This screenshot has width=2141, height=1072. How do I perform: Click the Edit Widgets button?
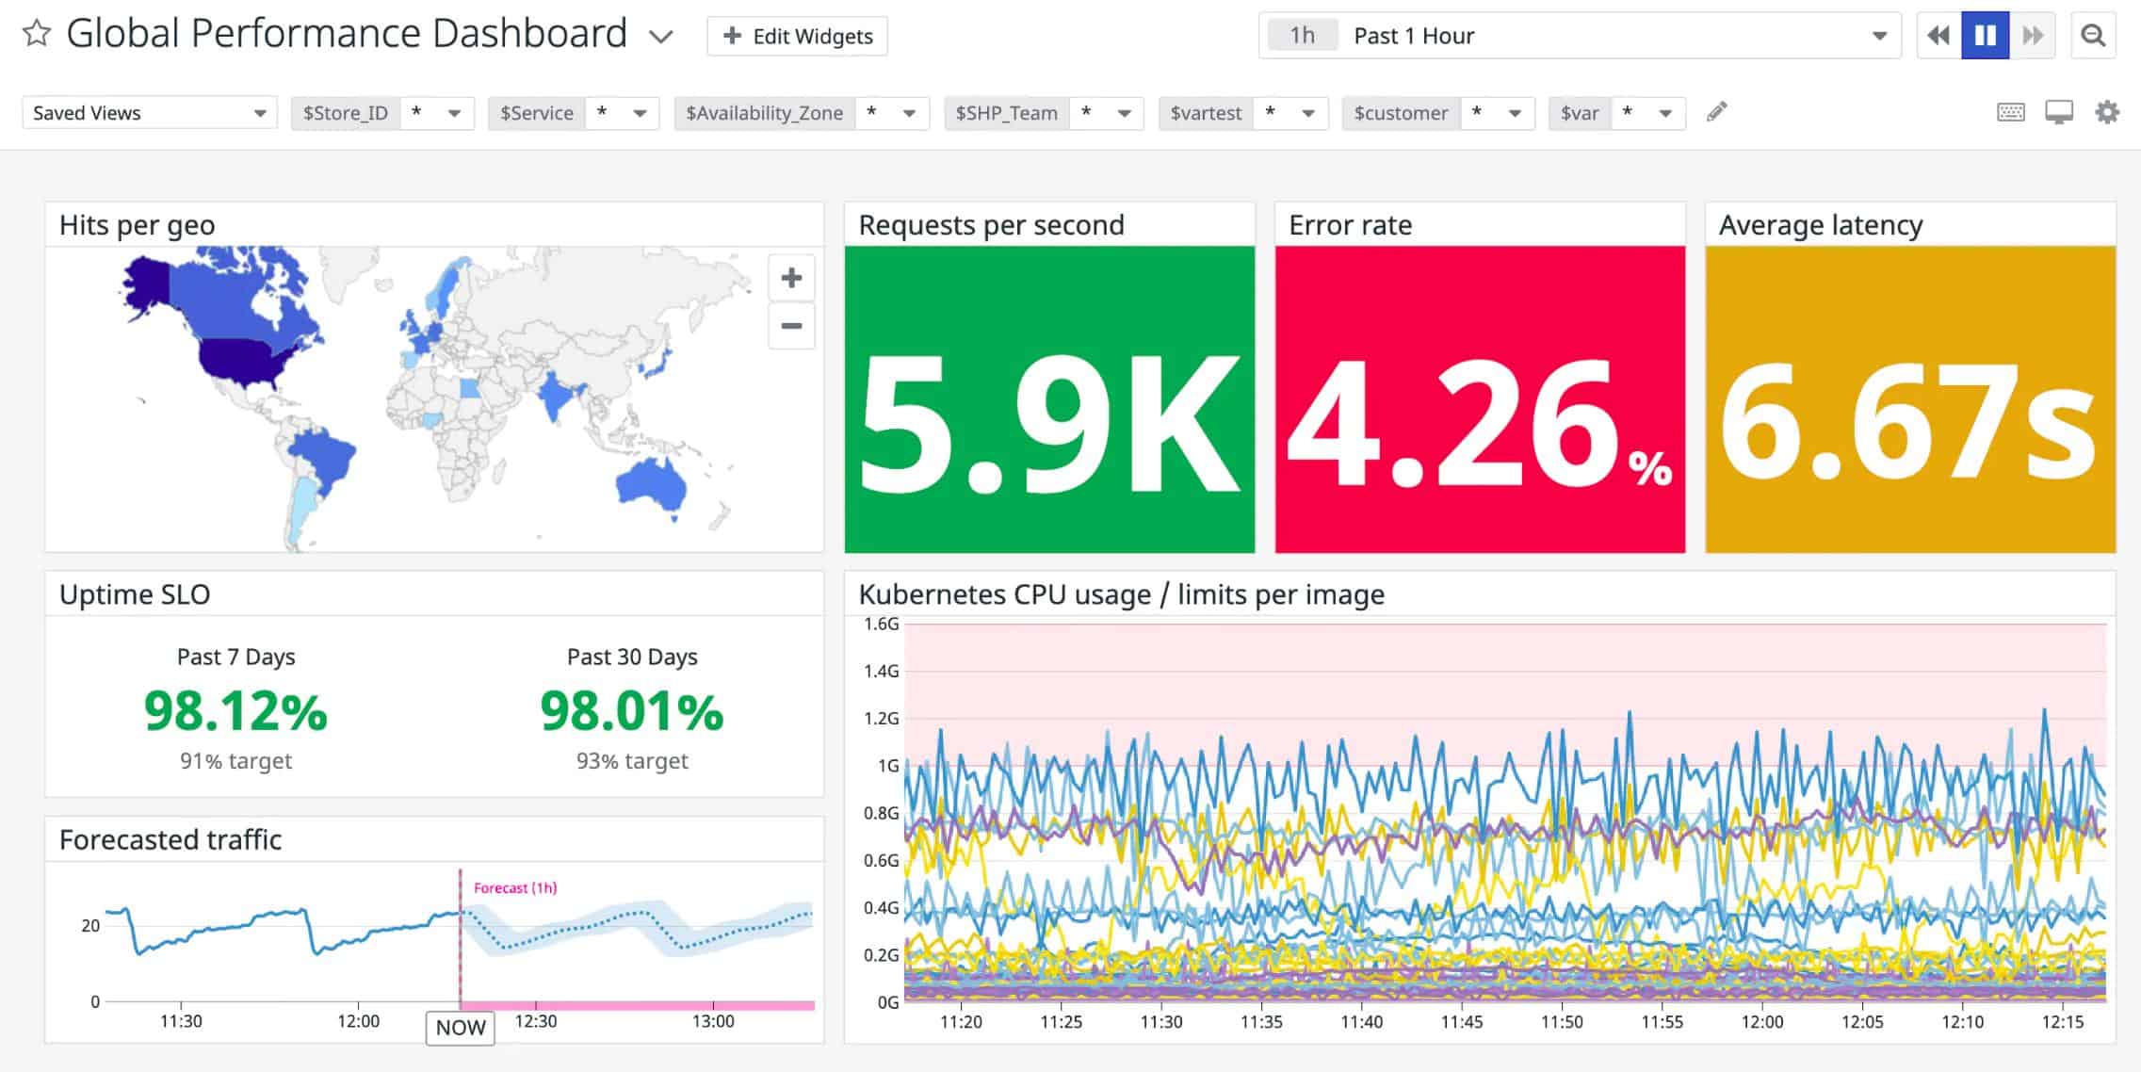pyautogui.click(x=797, y=37)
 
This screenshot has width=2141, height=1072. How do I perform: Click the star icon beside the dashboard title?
pyautogui.click(x=37, y=34)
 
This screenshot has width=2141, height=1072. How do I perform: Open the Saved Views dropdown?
pyautogui.click(x=149, y=113)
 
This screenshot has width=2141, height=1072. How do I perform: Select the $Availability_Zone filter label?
pyautogui.click(x=764, y=113)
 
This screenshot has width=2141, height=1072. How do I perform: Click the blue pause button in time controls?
pyautogui.click(x=1985, y=36)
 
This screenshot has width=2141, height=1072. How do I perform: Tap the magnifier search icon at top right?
pyautogui.click(x=2093, y=36)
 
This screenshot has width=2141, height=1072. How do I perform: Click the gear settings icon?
pyautogui.click(x=2107, y=112)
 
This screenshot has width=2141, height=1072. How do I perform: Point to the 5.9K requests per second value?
pyautogui.click(x=1048, y=423)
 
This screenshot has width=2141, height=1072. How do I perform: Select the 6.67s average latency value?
pyautogui.click(x=1908, y=423)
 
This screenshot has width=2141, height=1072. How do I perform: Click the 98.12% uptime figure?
pyautogui.click(x=235, y=710)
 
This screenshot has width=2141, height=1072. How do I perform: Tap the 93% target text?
pyautogui.click(x=632, y=761)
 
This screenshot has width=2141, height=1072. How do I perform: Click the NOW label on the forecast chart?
pyautogui.click(x=460, y=1028)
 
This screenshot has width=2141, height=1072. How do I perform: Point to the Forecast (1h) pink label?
pyautogui.click(x=515, y=888)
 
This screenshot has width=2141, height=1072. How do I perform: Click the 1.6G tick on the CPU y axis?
pyautogui.click(x=881, y=624)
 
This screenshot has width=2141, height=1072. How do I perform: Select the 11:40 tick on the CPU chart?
pyautogui.click(x=1361, y=1022)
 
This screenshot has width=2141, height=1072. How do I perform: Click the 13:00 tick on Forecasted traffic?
pyautogui.click(x=713, y=1021)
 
